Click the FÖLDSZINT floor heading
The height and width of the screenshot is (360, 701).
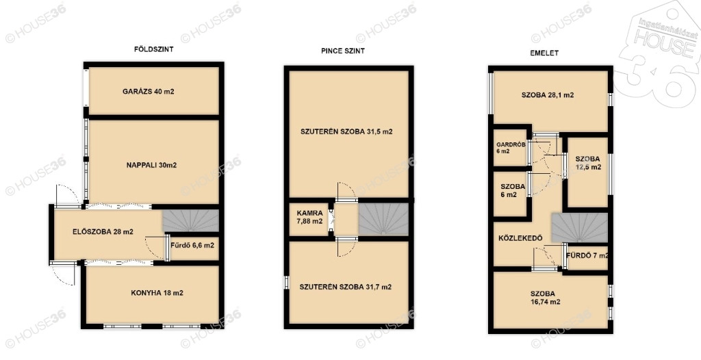tap(153, 50)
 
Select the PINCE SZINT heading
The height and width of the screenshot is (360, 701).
tap(343, 51)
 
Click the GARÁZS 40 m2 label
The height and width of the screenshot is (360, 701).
tap(148, 92)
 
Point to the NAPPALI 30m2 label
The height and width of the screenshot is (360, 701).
tap(151, 165)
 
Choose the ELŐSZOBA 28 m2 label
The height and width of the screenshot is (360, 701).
tap(103, 231)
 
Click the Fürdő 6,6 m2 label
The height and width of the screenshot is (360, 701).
tap(193, 246)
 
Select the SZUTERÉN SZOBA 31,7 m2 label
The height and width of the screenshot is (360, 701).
tap(345, 287)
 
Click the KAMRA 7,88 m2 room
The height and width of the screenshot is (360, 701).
tap(309, 218)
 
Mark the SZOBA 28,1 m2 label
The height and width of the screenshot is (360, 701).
tap(548, 95)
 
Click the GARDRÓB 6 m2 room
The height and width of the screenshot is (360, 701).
tap(510, 148)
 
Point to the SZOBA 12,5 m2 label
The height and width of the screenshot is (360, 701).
tap(588, 163)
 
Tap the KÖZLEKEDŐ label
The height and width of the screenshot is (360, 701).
tap(520, 238)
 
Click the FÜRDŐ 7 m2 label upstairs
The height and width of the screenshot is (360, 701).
tap(587, 256)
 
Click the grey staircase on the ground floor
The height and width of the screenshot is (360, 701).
tap(190, 220)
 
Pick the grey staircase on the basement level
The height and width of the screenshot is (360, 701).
tap(383, 219)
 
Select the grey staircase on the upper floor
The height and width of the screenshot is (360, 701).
tap(580, 228)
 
